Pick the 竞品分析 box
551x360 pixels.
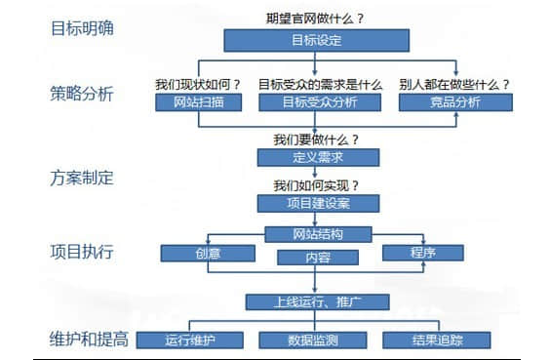click(x=456, y=101)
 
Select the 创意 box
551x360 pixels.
click(x=207, y=254)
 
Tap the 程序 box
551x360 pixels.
click(x=422, y=253)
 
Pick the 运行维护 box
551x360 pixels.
click(x=189, y=340)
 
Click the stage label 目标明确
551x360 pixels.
click(x=82, y=27)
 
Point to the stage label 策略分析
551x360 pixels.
click(x=82, y=95)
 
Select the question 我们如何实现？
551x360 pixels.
click(x=316, y=184)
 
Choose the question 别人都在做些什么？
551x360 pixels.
click(x=454, y=83)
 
